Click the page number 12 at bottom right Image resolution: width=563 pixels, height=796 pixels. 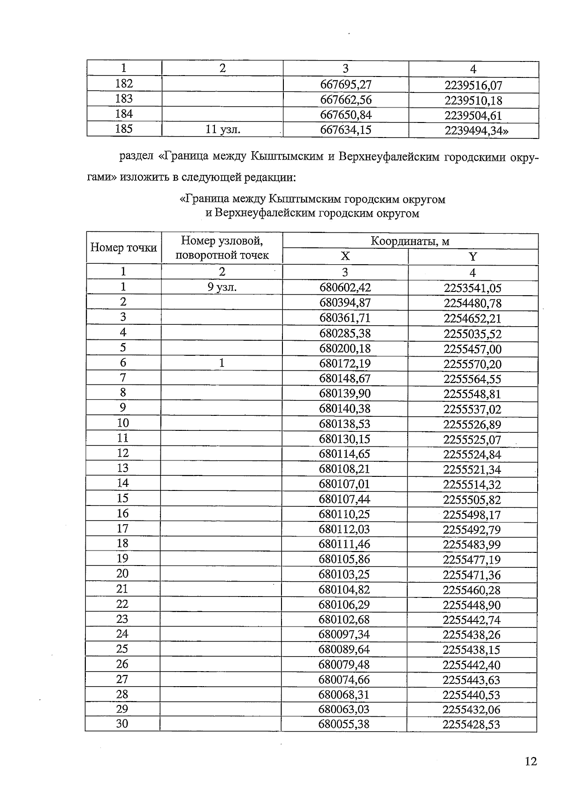[x=531, y=761]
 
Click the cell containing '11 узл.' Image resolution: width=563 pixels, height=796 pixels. [x=223, y=130]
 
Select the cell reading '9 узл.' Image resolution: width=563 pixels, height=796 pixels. [x=222, y=287]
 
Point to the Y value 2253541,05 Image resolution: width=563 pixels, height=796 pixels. [x=472, y=288]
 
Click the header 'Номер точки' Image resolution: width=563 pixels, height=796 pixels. [x=123, y=248]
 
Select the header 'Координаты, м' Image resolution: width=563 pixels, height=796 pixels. [x=410, y=241]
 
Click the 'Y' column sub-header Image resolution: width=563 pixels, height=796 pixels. [x=472, y=257]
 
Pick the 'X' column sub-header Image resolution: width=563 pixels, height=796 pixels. [x=345, y=256]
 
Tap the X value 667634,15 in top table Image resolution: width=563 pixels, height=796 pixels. [x=345, y=130]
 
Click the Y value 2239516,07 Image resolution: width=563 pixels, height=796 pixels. [x=473, y=85]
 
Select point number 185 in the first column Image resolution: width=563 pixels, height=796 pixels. [x=124, y=129]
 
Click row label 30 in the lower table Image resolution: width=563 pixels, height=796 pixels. [x=122, y=724]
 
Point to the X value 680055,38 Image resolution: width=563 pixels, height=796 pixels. [x=344, y=724]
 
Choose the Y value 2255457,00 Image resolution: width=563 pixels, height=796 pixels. [x=472, y=349]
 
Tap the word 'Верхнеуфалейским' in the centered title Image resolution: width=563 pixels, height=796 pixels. [x=265, y=214]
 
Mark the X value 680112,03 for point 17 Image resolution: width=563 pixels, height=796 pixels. [x=344, y=529]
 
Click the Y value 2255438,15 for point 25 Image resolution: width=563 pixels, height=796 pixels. [x=472, y=650]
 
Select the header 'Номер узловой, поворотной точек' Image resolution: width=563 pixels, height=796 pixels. [x=222, y=248]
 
